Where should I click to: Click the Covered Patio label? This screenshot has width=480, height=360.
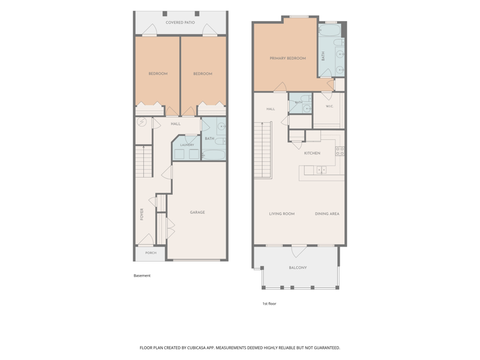(x=181, y=22)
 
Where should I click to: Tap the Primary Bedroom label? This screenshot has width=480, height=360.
(x=288, y=58)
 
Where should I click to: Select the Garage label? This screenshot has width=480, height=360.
(x=197, y=212)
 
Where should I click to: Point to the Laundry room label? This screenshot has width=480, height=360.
(x=187, y=145)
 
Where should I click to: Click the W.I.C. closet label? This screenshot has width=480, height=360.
(x=329, y=106)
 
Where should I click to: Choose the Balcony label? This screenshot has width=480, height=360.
(x=298, y=268)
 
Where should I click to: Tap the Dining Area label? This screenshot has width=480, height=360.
(x=327, y=214)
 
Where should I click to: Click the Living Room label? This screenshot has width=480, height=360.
(x=282, y=214)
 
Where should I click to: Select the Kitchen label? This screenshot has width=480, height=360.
(x=312, y=153)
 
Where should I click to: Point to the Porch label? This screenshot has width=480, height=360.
(x=151, y=253)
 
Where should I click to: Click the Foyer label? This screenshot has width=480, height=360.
(x=142, y=214)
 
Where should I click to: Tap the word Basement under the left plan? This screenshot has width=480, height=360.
(x=142, y=275)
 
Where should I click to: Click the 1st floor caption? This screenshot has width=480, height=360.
(x=269, y=304)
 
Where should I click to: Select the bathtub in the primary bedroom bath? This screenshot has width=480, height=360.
(x=329, y=31)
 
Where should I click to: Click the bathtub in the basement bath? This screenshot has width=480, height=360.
(x=214, y=155)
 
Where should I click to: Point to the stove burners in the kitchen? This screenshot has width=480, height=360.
(x=340, y=151)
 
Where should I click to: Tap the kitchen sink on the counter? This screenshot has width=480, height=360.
(x=322, y=170)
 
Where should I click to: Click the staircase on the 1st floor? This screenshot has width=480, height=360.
(x=263, y=149)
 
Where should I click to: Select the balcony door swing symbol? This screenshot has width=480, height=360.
(x=298, y=251)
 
